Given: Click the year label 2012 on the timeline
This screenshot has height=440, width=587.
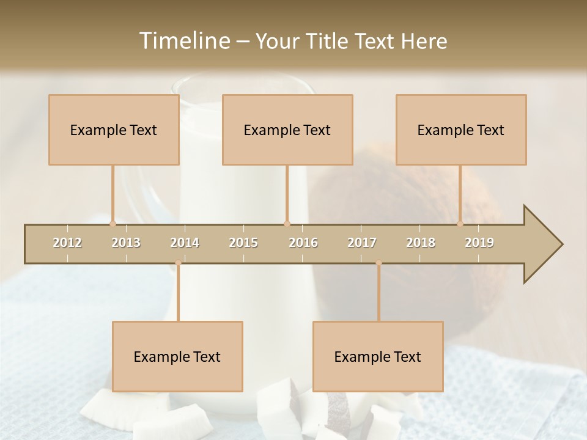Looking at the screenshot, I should pyautogui.click(x=67, y=243).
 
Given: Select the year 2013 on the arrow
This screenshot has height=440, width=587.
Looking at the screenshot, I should pyautogui.click(x=126, y=243).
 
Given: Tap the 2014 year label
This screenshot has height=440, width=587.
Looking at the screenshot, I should pyautogui.click(x=185, y=243).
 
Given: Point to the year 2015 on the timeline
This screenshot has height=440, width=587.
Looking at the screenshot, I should pyautogui.click(x=243, y=243).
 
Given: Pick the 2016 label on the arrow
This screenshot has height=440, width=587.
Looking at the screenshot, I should pyautogui.click(x=303, y=243).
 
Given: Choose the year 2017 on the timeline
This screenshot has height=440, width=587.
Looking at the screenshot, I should pyautogui.click(x=362, y=243).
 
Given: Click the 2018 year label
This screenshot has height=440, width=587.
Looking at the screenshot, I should pyautogui.click(x=421, y=243).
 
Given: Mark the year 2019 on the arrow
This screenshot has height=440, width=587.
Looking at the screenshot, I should pyautogui.click(x=479, y=243).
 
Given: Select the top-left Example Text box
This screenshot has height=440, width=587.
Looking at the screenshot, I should pyautogui.click(x=114, y=130).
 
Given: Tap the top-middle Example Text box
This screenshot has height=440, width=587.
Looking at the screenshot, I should pyautogui.click(x=287, y=130).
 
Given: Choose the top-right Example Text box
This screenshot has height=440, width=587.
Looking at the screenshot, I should pyautogui.click(x=461, y=130).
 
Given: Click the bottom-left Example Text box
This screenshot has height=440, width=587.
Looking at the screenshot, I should pyautogui.click(x=177, y=356).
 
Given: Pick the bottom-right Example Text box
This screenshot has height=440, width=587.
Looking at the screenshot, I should pyautogui.click(x=378, y=356).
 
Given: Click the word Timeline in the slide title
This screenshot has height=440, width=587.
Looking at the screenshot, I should pyautogui.click(x=183, y=41).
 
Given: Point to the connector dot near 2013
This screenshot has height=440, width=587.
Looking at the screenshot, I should pyautogui.click(x=113, y=224).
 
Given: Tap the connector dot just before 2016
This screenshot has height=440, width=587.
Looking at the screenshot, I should pyautogui.click(x=287, y=224).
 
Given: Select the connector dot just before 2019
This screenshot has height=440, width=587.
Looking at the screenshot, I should pyautogui.click(x=460, y=224).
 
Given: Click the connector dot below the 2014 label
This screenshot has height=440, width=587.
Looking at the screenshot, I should pyautogui.click(x=178, y=263).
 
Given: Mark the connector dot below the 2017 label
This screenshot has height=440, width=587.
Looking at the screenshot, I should pyautogui.click(x=378, y=263).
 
